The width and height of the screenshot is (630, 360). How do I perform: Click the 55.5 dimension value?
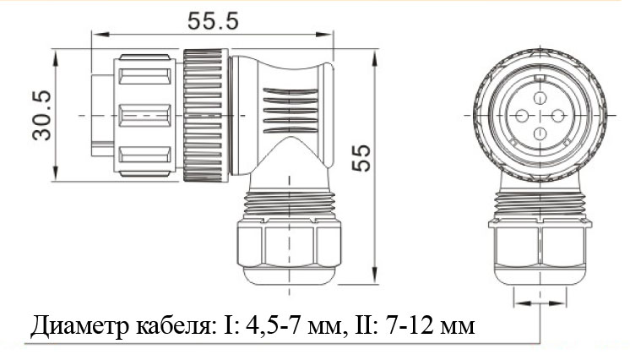[213, 21]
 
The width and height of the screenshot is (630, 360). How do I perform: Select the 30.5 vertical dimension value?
[42, 116]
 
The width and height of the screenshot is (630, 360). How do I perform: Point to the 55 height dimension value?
[361, 158]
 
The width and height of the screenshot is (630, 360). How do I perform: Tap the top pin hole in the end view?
[540, 98]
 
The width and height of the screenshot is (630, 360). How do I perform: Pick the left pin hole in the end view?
[522, 117]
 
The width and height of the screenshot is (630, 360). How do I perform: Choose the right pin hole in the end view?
[557, 117]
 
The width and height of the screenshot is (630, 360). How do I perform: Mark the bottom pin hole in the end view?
[540, 133]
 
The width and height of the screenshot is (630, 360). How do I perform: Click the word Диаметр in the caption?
[80, 326]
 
